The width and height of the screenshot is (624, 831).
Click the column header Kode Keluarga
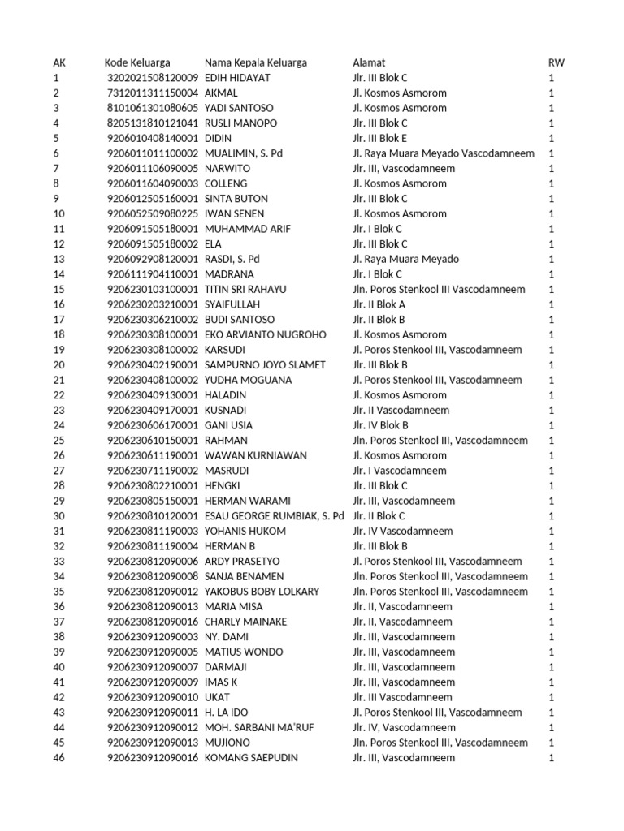pyautogui.click(x=137, y=62)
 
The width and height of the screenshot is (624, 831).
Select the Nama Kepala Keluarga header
pyautogui.click(x=256, y=62)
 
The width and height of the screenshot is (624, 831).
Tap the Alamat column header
pyautogui.click(x=369, y=62)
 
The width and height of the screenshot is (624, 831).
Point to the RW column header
pyautogui.click(x=557, y=62)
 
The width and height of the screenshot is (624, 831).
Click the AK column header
pyautogui.click(x=59, y=62)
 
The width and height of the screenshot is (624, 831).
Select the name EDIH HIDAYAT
pyautogui.click(x=237, y=78)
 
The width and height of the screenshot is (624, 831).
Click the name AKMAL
pyautogui.click(x=221, y=93)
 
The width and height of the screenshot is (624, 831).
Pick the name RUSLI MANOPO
pyautogui.click(x=240, y=123)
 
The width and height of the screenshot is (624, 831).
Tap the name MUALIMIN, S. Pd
pyautogui.click(x=244, y=153)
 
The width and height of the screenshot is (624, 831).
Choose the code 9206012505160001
pyautogui.click(x=153, y=199)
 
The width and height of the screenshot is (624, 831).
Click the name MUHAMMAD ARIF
pyautogui.click(x=247, y=229)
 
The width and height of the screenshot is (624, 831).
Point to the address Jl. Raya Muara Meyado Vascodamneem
pyautogui.click(x=444, y=153)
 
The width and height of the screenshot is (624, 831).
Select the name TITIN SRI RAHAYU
pyautogui.click(x=245, y=290)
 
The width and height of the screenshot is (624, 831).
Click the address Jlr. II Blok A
pyautogui.click(x=379, y=304)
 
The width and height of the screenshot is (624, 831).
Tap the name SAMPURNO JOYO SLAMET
pyautogui.click(x=265, y=365)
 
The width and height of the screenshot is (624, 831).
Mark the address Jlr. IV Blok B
pyautogui.click(x=380, y=425)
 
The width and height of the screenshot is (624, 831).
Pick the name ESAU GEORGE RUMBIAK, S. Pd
pyautogui.click(x=275, y=516)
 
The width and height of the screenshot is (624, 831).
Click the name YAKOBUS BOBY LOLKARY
pyautogui.click(x=262, y=592)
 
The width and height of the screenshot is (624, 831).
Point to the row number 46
pyautogui.click(x=58, y=758)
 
